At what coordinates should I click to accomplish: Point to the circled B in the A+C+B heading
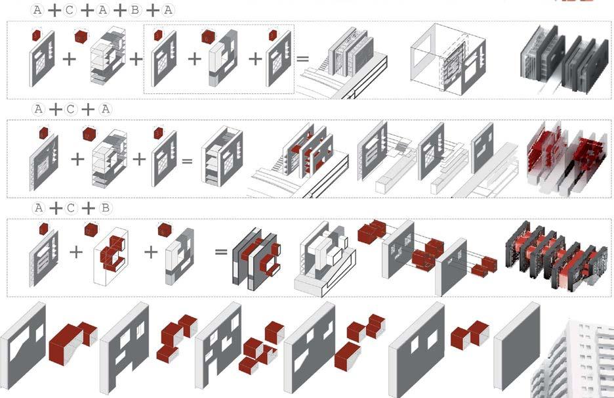point(104,208)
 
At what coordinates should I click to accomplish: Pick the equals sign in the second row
point(186,159)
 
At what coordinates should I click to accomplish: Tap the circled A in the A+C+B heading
point(39,208)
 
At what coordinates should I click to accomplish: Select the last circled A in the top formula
point(168,10)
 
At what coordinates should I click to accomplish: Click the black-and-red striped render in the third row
point(560,255)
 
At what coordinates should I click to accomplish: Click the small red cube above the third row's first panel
point(43,229)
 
